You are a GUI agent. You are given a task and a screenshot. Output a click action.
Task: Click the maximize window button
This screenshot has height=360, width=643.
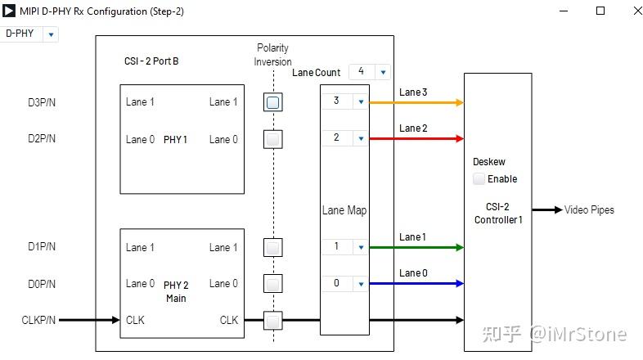[600, 11]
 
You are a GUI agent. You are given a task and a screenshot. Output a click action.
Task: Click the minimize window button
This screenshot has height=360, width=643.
[564, 11]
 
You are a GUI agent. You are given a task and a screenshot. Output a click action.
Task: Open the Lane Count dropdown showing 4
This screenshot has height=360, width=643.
[370, 72]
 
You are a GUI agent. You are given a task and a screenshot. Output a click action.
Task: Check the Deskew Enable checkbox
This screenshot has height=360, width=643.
[479, 179]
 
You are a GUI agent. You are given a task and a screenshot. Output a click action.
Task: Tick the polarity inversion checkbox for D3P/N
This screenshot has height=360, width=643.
[273, 102]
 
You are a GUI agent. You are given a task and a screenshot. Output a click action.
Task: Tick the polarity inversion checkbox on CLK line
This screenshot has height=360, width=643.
[273, 320]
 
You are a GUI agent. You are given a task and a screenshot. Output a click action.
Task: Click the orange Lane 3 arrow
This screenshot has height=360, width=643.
[417, 102]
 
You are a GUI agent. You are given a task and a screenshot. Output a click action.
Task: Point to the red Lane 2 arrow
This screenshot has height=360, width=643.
[417, 139]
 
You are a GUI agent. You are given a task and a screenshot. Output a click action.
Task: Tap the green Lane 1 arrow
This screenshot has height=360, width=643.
[417, 247]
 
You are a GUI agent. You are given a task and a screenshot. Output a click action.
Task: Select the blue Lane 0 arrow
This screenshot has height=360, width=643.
[417, 284]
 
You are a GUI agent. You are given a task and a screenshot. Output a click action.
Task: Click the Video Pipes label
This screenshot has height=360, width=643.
[589, 210]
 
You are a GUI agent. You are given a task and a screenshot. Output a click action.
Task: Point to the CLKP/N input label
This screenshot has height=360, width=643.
[38, 320]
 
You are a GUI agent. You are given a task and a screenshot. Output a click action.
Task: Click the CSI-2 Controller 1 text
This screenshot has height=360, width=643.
[497, 214]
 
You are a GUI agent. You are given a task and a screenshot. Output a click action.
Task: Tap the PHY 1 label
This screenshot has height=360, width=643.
[176, 140]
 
